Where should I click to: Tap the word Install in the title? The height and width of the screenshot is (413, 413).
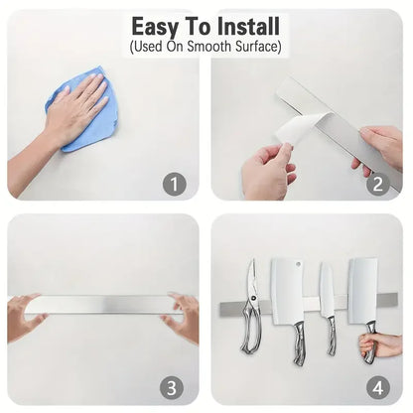click(247, 27)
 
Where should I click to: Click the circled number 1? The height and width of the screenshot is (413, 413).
click(175, 184)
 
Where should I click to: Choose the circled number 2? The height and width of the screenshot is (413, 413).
click(377, 184)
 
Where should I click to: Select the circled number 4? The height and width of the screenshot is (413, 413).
click(377, 386)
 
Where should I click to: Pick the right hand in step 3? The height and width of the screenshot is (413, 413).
click(184, 316)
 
